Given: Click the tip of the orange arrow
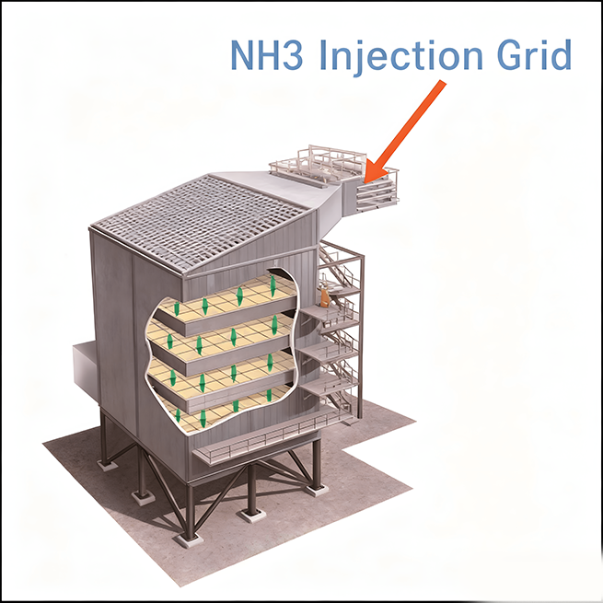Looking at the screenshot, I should pos(368,177).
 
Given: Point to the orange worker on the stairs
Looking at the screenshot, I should pos(324,295).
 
